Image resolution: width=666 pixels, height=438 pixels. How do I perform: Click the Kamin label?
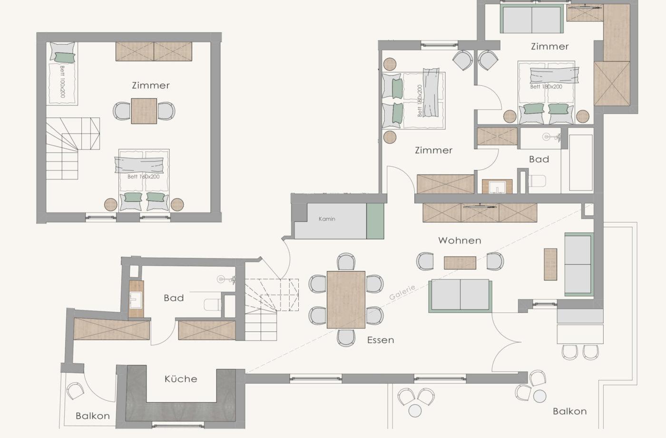(327, 219)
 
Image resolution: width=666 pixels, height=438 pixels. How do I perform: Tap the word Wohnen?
(460, 240)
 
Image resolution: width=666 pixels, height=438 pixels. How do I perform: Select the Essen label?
(381, 340)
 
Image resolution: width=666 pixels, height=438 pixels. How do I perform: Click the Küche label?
(181, 379)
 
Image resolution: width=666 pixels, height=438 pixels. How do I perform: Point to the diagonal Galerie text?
(402, 292)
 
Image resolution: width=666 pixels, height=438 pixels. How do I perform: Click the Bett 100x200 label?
(62, 81)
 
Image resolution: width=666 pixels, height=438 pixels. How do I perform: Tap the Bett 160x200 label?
(143, 177)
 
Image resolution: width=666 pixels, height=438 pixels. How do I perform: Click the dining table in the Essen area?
(346, 299)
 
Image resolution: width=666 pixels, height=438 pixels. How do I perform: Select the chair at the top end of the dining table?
(346, 261)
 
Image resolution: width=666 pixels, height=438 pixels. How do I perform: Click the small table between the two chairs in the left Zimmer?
(144, 111)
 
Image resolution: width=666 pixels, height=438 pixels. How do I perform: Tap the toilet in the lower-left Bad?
(212, 304)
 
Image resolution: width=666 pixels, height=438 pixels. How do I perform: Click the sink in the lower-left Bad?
(136, 299)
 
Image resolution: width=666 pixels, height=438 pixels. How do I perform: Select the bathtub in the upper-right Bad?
(581, 162)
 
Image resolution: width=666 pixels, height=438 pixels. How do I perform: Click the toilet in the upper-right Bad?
(537, 180)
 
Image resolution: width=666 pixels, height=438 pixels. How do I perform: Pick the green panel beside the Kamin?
(375, 221)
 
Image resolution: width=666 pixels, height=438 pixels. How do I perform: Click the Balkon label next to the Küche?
(93, 416)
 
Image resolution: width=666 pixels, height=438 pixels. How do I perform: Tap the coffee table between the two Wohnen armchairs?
(460, 263)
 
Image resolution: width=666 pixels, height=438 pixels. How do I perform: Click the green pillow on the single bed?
(65, 58)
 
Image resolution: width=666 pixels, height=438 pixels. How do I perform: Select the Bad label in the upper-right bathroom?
(539, 159)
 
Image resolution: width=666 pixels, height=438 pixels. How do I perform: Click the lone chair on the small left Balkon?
(75, 391)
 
